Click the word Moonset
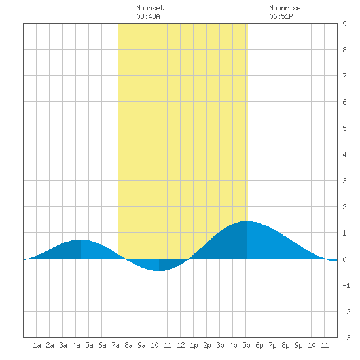pyautogui.click(x=150, y=8)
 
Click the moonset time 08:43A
pyautogui.click(x=148, y=16)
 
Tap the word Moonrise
pyautogui.click(x=285, y=8)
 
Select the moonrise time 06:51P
pyautogui.click(x=281, y=16)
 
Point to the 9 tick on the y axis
pyautogui.click(x=344, y=24)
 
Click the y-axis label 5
pyautogui.click(x=344, y=128)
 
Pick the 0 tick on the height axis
pyautogui.click(x=344, y=259)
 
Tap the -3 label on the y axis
pyautogui.click(x=346, y=338)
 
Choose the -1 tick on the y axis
pyautogui.click(x=346, y=285)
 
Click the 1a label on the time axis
pyautogui.click(x=37, y=345)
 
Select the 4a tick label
pyautogui.click(x=76, y=345)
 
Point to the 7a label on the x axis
pyautogui.click(x=115, y=345)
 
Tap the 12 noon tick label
pyautogui.click(x=181, y=345)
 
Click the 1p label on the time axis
pyautogui.click(x=194, y=345)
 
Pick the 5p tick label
pyautogui.click(x=246, y=345)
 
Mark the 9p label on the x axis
pyautogui.click(x=298, y=345)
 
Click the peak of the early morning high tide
pyautogui.click(x=81, y=240)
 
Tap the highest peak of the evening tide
pyautogui.click(x=247, y=221)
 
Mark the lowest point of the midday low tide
pyautogui.click(x=159, y=271)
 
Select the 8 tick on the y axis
pyautogui.click(x=344, y=50)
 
